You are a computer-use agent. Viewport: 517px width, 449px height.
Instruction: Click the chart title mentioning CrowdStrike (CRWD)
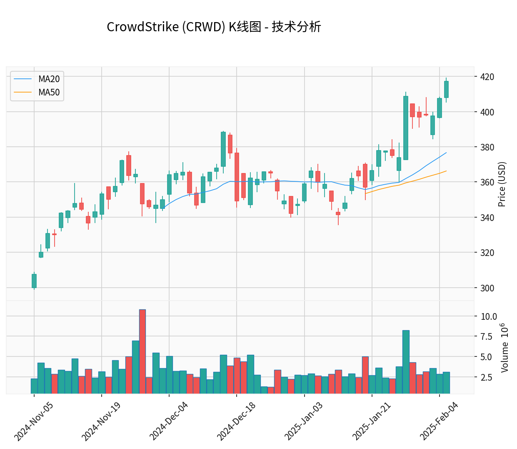pyautogui.click(x=214, y=27)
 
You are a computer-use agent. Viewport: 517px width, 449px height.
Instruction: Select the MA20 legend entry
pyautogui.click(x=49, y=79)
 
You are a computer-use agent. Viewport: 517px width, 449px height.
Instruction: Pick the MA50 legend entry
pyautogui.click(x=49, y=93)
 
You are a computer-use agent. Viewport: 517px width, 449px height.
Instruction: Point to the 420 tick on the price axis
pyautogui.click(x=487, y=77)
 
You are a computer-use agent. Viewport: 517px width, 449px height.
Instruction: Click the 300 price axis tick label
pyautogui.click(x=487, y=288)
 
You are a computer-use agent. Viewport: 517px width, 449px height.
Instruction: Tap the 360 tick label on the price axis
pyautogui.click(x=487, y=182)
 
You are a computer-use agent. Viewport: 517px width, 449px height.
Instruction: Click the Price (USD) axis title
pyautogui.click(x=502, y=184)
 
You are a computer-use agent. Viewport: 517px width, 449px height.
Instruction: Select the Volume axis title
pyautogui.click(x=505, y=348)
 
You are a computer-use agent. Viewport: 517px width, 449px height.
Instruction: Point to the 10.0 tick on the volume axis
pyautogui.click(x=489, y=316)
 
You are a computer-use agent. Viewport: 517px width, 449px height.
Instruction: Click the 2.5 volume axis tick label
pyautogui.click(x=486, y=378)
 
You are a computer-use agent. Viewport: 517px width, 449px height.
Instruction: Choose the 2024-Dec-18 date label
pyautogui.click(x=236, y=421)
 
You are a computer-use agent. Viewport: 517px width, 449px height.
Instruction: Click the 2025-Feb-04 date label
pyautogui.click(x=439, y=421)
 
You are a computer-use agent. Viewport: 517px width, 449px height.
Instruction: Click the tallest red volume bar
pyautogui.click(x=142, y=351)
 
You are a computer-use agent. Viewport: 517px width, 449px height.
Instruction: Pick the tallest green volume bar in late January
pyautogui.click(x=406, y=362)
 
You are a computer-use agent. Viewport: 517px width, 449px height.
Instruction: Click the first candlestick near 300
pyautogui.click(x=34, y=281)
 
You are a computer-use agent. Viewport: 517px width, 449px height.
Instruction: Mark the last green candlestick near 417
pyautogui.click(x=446, y=89)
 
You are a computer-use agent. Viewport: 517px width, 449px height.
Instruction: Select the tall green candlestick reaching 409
pyautogui.click(x=406, y=128)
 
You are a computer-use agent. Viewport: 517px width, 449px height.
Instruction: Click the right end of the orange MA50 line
pyautogui.click(x=446, y=171)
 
